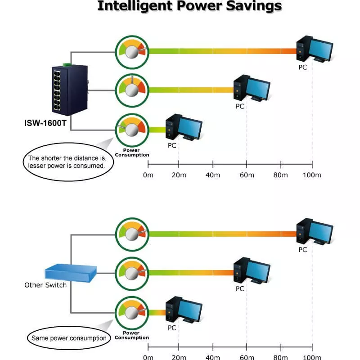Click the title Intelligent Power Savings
click(189, 6)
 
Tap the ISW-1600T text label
click(45, 123)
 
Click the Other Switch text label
click(45, 285)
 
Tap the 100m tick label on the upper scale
click(312, 175)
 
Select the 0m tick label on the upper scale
click(148, 175)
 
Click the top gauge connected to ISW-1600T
click(131, 51)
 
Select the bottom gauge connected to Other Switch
click(131, 311)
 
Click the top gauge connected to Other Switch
click(131, 234)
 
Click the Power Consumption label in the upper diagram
click(132, 153)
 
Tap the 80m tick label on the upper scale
click(280, 175)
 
